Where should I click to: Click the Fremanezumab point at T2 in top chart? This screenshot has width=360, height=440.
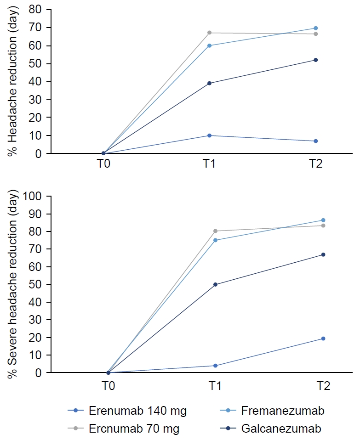pyautogui.click(x=315, y=28)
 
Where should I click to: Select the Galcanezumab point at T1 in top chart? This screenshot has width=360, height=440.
pyautogui.click(x=209, y=83)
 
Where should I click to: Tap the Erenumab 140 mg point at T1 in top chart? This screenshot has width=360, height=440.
pyautogui.click(x=209, y=135)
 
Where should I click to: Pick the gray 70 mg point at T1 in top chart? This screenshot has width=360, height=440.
pyautogui.click(x=209, y=33)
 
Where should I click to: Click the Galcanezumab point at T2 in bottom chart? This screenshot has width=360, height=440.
pyautogui.click(x=323, y=254)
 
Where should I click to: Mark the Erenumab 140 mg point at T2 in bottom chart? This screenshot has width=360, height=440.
pyautogui.click(x=323, y=338)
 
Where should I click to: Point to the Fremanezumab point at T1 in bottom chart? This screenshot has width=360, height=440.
pyautogui.click(x=215, y=240)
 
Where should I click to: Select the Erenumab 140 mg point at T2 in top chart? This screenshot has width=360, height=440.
pyautogui.click(x=315, y=141)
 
